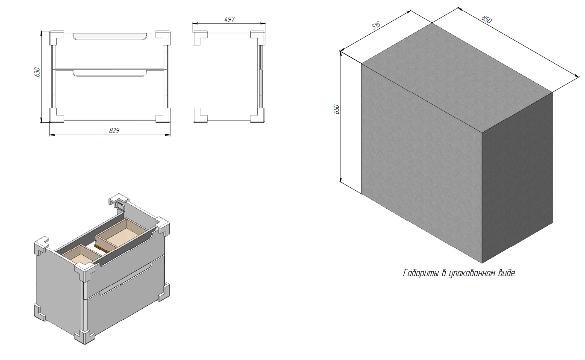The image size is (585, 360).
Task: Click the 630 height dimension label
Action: pos(37,72)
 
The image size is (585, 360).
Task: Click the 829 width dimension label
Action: pos(114,130)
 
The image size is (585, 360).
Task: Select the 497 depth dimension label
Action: pos(229,19)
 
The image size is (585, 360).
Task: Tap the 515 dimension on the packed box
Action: pos(376,26)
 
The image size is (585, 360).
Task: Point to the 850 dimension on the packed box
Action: pos(487,19)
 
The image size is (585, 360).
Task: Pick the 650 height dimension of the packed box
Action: pos(337,109)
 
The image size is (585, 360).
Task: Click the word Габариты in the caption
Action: pos(421,273)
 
